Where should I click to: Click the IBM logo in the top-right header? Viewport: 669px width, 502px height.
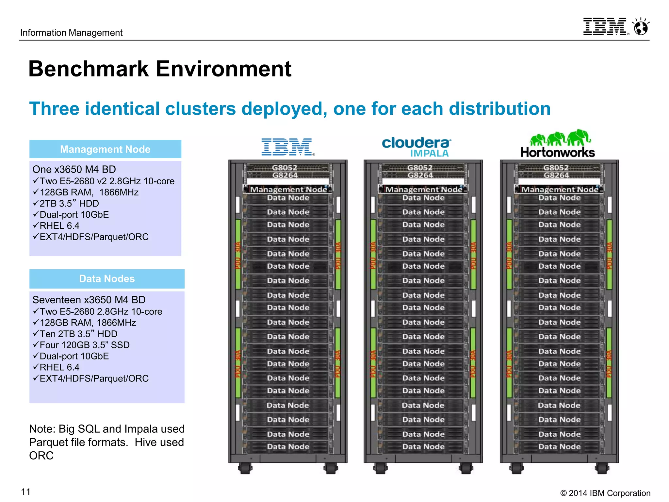(x=605, y=26)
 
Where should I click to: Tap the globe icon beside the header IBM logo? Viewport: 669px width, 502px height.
(x=641, y=27)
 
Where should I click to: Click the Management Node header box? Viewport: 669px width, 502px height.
(x=105, y=149)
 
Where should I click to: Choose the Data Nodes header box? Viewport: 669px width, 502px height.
(x=107, y=279)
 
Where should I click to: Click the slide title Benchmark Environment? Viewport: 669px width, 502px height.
(x=160, y=69)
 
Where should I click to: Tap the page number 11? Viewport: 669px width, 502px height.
(x=25, y=492)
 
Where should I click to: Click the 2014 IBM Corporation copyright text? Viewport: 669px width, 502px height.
(x=605, y=493)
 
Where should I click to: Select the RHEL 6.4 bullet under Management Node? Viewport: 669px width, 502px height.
(x=59, y=226)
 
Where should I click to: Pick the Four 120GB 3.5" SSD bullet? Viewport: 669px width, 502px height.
(x=84, y=345)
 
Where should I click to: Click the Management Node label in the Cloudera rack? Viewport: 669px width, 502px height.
(x=424, y=189)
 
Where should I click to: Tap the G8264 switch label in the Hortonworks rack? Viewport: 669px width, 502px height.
(x=556, y=175)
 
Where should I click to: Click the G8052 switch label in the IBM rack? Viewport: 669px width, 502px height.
(x=285, y=168)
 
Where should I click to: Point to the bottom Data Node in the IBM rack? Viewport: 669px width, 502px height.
(x=288, y=447)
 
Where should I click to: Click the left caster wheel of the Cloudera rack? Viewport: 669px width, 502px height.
(x=380, y=468)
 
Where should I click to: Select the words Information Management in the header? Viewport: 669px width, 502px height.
(x=71, y=33)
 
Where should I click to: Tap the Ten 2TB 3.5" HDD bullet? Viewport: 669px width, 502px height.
(x=78, y=334)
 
